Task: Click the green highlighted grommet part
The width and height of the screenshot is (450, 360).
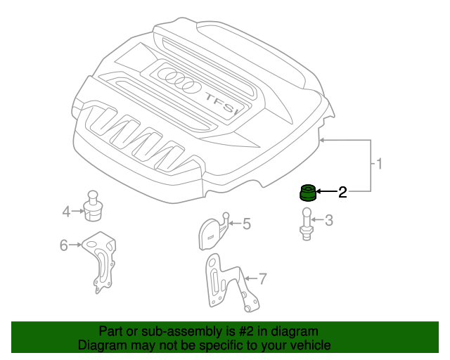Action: pos(308,193)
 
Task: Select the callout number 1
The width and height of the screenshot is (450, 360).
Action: pos(379,164)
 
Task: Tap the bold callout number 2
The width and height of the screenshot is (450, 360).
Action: pos(342,192)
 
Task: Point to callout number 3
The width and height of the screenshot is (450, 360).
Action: pos(329,220)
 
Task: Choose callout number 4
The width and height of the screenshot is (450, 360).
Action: pos(66,212)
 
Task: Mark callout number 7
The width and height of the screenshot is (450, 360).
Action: pos(263,278)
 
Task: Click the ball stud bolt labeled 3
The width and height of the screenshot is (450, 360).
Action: pos(307,224)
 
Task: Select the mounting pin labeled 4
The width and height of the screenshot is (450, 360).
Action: pos(93,206)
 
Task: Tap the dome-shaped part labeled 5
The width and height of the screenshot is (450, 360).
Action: pos(214,231)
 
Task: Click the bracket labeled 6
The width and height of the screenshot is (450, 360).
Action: pos(101,262)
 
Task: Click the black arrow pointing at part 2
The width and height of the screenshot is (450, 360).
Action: pos(326,191)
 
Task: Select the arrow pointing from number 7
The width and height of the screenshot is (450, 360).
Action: pos(251,278)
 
